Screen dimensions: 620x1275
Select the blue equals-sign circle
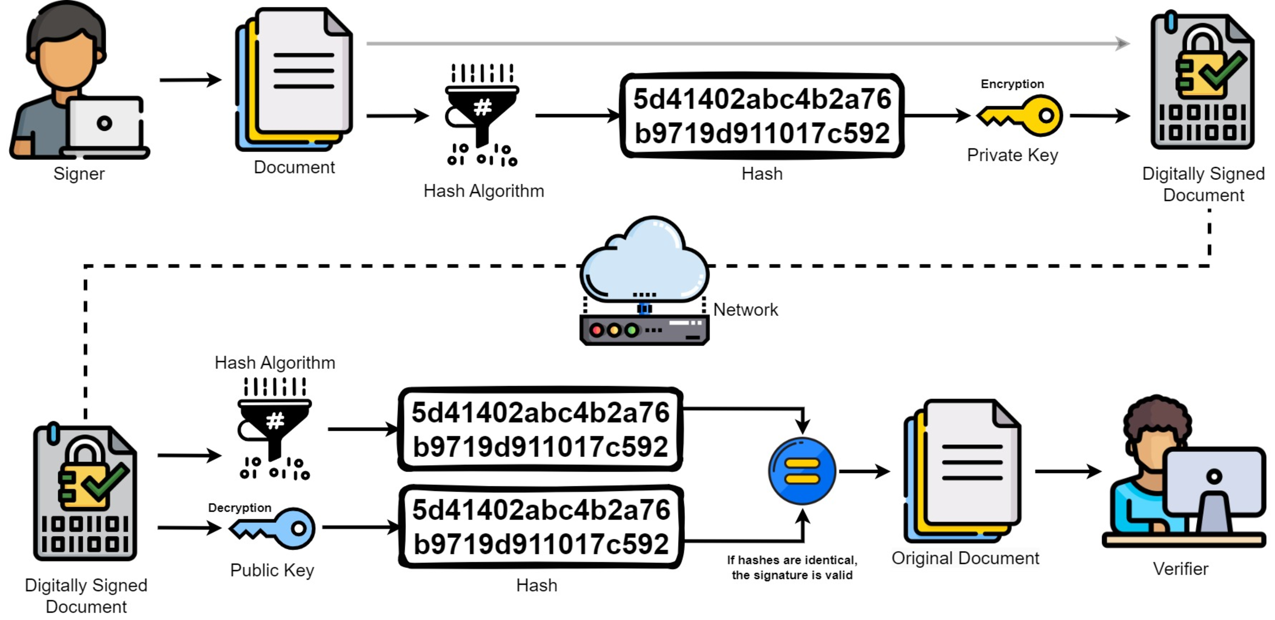[802, 471]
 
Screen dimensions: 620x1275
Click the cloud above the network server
[644, 260]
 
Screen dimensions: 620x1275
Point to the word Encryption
[1012, 84]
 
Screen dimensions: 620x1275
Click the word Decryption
[239, 508]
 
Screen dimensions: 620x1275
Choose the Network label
[745, 310]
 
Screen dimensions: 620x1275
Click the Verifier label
[1180, 568]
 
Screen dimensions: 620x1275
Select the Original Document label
[965, 558]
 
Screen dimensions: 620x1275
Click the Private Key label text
[1012, 155]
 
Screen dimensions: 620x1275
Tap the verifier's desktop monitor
[1214, 483]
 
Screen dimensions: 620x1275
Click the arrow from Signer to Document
[191, 80]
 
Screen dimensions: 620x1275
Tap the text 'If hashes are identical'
[792, 560]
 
